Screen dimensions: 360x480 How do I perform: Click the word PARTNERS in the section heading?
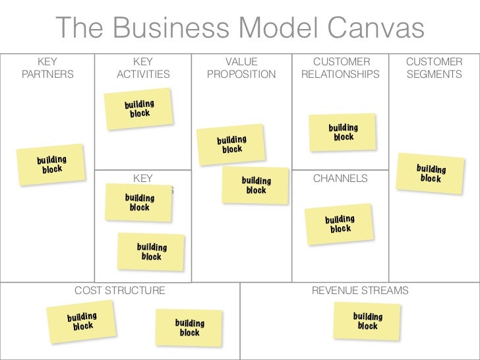[47, 75]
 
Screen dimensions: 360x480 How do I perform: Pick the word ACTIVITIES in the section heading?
[143, 75]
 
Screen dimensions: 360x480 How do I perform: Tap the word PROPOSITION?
[241, 75]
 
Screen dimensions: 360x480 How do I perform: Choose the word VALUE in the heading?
[241, 62]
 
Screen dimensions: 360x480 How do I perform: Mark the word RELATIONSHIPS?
[340, 75]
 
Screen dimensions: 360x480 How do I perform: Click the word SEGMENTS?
[434, 75]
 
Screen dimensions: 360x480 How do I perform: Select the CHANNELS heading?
[340, 178]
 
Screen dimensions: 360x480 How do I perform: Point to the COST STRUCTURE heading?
[120, 290]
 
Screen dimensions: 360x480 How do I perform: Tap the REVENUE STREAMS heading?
[360, 290]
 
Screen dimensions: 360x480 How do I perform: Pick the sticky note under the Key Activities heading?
[140, 108]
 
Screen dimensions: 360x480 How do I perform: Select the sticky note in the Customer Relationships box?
[344, 132]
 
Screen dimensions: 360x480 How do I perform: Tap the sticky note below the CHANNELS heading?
[340, 224]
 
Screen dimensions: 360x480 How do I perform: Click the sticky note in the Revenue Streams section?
[367, 321]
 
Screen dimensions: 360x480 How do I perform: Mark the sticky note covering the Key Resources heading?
[139, 202]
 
